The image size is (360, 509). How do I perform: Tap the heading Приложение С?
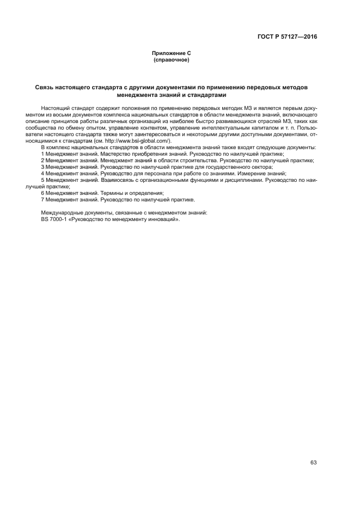tap(172, 53)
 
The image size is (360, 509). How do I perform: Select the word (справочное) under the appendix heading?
tap(172, 59)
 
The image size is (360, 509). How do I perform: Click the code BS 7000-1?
tap(53, 218)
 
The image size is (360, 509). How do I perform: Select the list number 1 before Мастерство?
tap(42, 154)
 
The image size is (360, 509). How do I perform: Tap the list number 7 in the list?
tap(42, 200)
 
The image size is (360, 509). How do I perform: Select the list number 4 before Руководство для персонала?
tap(42, 174)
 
